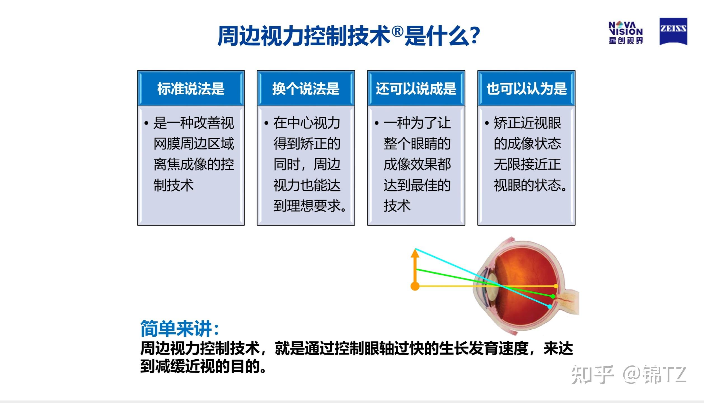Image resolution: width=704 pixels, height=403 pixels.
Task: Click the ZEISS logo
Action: coord(673,31)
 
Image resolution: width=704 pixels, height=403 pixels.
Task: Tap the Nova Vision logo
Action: coord(626,33)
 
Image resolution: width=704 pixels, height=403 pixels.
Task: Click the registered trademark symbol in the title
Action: coord(397,31)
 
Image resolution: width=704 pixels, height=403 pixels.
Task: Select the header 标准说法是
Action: coord(191,89)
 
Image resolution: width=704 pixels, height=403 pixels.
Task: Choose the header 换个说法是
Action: coord(306,89)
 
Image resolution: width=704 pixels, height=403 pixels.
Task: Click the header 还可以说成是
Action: coord(416,89)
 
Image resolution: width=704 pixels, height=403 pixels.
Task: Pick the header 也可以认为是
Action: coord(526,89)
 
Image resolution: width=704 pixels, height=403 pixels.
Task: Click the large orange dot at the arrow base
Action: coord(415,286)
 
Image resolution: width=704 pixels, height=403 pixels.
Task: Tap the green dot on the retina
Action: coord(553,296)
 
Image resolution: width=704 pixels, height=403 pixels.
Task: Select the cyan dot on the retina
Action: coord(550,307)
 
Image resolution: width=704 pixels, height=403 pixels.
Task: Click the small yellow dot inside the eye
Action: coord(556,286)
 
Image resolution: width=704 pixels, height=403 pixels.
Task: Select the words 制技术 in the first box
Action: coord(173,185)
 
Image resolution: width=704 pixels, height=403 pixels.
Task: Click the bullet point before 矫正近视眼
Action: coord(487,123)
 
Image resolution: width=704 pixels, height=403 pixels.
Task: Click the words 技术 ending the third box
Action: coord(397,206)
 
